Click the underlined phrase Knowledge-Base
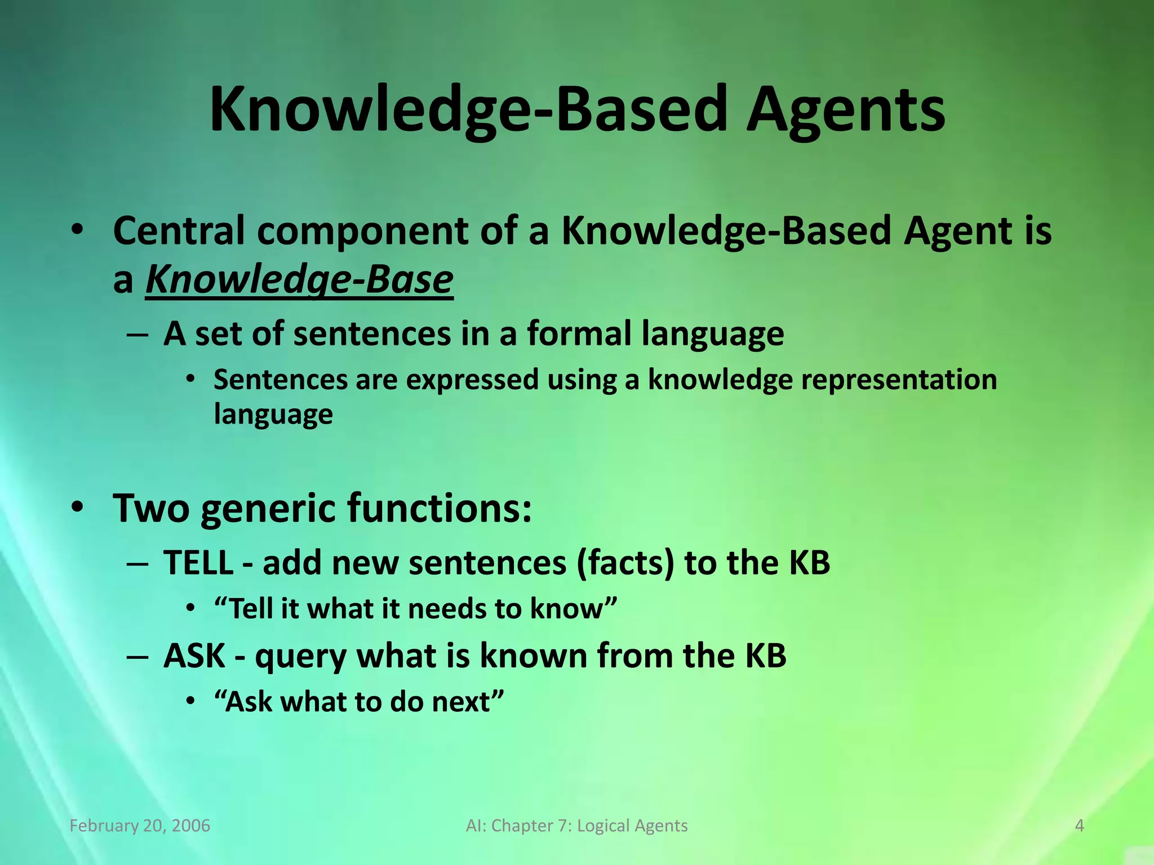pyautogui.click(x=299, y=280)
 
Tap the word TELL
pyautogui.click(x=198, y=563)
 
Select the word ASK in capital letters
pyautogui.click(x=194, y=656)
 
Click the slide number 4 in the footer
pyautogui.click(x=1080, y=826)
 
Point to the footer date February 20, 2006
pyautogui.click(x=140, y=826)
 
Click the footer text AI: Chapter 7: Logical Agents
pyautogui.click(x=577, y=826)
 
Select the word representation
pyautogui.click(x=899, y=380)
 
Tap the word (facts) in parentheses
pyautogui.click(x=625, y=563)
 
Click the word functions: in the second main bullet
pyautogui.click(x=439, y=508)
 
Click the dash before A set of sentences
pyautogui.click(x=138, y=335)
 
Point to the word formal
pyautogui.click(x=579, y=333)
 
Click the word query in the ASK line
pyautogui.click(x=300, y=658)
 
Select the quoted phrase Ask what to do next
pyautogui.click(x=359, y=702)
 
